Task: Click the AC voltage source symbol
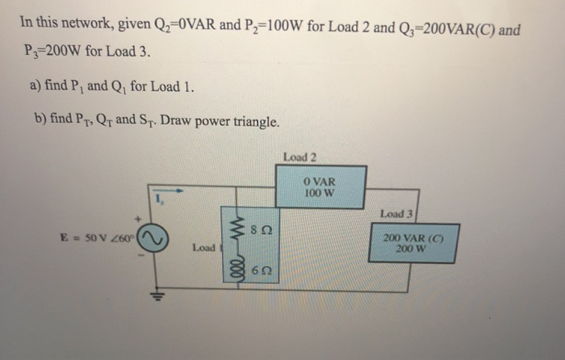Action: point(153,237)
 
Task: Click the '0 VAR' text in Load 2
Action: point(321,182)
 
